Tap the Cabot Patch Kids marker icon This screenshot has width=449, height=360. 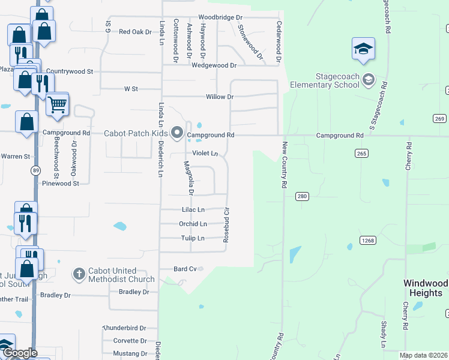coord(176,133)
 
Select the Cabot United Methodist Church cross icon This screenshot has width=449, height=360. coord(79,275)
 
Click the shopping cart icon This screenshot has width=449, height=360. coord(57,104)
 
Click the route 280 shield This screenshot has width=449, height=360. coord(302,196)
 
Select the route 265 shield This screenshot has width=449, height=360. coord(361,154)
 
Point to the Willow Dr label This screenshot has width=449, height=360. coord(219,97)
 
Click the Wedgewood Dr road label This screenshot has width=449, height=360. coord(214,65)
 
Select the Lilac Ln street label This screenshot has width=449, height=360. coord(193,210)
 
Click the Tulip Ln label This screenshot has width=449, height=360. coord(193,238)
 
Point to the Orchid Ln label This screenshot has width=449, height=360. coord(193,224)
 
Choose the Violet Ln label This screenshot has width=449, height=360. coord(205,154)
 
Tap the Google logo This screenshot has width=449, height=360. coord(19,353)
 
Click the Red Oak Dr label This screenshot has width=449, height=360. coord(135,32)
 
